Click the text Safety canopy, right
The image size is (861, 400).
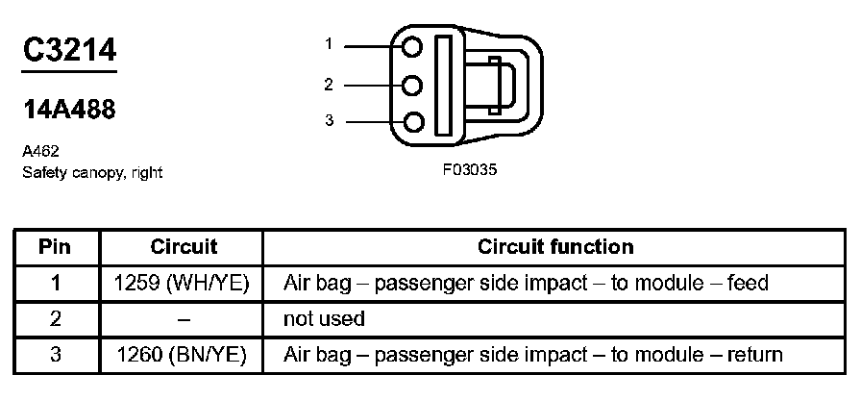click(x=92, y=173)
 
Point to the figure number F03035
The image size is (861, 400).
click(x=470, y=170)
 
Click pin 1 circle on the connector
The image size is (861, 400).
click(x=413, y=46)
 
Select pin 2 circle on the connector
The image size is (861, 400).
click(x=413, y=85)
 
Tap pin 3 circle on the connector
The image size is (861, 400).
click(x=413, y=122)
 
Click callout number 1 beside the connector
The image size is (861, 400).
click(x=329, y=44)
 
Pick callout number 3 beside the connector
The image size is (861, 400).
click(x=329, y=121)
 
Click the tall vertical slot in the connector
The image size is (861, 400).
click(x=444, y=85)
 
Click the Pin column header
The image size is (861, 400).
click(x=55, y=247)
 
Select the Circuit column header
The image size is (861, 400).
click(x=184, y=247)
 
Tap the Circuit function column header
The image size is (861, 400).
click(x=555, y=247)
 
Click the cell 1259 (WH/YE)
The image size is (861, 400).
click(x=184, y=283)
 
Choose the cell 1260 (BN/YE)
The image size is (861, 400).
click(x=184, y=355)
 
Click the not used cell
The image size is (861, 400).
click(x=324, y=318)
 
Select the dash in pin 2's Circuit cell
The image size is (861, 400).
click(x=184, y=318)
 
